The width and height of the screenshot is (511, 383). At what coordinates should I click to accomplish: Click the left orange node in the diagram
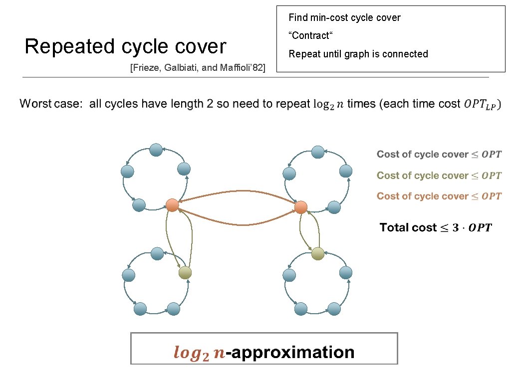click(172, 205)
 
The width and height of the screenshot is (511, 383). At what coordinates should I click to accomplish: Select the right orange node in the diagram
click(300, 207)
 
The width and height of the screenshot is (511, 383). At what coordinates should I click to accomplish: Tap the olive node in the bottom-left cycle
click(185, 272)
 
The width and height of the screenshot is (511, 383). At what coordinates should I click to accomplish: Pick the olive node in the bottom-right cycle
click(318, 254)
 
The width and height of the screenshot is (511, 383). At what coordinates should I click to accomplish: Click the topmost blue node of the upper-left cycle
click(156, 149)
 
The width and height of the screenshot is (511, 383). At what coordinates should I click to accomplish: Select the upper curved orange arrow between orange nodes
click(236, 191)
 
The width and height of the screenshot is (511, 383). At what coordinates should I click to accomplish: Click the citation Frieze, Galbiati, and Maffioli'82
click(197, 67)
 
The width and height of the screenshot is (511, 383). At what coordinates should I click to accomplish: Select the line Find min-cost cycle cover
click(344, 18)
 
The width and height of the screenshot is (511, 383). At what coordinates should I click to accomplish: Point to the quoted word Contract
click(309, 36)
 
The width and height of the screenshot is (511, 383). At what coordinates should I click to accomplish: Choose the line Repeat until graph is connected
click(358, 54)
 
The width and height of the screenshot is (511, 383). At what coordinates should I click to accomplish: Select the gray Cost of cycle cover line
click(439, 155)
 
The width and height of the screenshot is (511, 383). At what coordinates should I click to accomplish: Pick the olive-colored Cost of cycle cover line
click(439, 176)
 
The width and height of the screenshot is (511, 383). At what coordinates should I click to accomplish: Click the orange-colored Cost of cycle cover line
click(439, 196)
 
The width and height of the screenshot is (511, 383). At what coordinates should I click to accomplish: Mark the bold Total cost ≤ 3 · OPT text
click(435, 228)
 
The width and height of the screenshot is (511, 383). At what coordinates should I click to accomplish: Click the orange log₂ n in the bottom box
click(199, 353)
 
